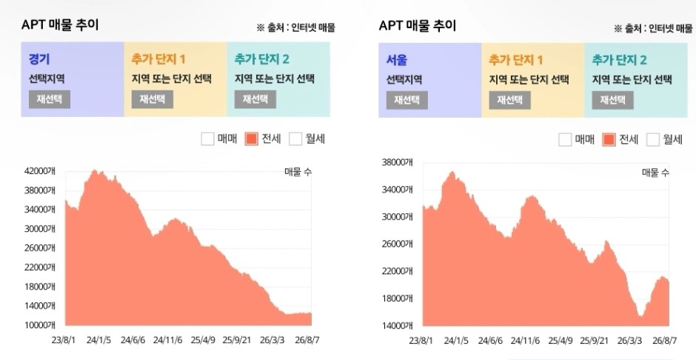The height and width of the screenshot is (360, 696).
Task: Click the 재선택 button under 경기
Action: pyautogui.click(x=50, y=99)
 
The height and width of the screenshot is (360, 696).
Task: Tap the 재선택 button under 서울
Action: pyautogui.click(x=407, y=100)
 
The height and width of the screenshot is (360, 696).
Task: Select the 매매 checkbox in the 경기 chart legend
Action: pyautogui.click(x=207, y=139)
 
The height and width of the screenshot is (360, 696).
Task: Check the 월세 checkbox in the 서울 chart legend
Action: pyautogui.click(x=653, y=140)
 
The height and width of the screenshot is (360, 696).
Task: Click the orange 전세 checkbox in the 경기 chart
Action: pyautogui.click(x=251, y=139)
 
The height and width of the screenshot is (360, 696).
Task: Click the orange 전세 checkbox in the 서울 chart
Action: pyautogui.click(x=609, y=140)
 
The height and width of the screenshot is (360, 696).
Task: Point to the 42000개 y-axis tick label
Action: pyautogui.click(x=39, y=171)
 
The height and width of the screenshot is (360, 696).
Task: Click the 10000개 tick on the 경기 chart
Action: pyautogui.click(x=39, y=325)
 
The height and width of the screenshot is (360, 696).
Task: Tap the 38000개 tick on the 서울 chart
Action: pyautogui.click(x=397, y=162)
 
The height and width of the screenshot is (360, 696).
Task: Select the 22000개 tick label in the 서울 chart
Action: pyautogui.click(x=397, y=271)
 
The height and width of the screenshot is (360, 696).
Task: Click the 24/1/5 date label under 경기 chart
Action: pyautogui.click(x=98, y=341)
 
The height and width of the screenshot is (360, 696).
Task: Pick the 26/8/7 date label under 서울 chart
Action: pyautogui.click(x=665, y=341)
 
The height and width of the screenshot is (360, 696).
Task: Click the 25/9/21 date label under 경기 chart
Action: pyautogui.click(x=237, y=341)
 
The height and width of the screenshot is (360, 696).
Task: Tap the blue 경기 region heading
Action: pyautogui.click(x=39, y=59)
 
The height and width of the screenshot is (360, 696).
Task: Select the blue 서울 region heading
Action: pyautogui.click(x=397, y=59)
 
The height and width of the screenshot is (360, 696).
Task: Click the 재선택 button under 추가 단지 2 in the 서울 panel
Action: pyautogui.click(x=612, y=100)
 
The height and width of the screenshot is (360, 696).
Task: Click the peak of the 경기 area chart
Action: pyautogui.click(x=94, y=170)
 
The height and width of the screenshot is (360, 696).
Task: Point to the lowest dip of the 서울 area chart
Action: pyautogui.click(x=640, y=316)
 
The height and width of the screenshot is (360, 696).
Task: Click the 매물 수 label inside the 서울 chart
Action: pyautogui.click(x=655, y=173)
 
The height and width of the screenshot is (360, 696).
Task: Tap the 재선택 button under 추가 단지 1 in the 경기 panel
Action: pyautogui.click(x=153, y=99)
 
